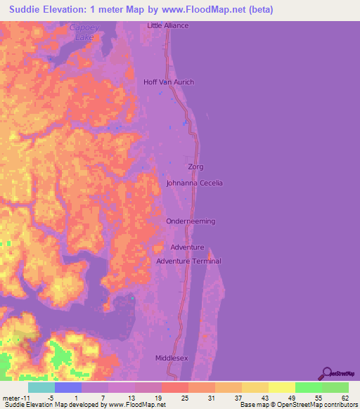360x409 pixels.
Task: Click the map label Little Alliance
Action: point(168,25)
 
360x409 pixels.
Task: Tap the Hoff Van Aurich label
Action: point(169,82)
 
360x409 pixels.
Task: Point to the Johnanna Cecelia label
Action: point(194,183)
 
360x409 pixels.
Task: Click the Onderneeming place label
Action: point(191,221)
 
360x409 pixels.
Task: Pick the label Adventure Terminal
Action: point(188,261)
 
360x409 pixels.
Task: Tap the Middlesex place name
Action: point(172,358)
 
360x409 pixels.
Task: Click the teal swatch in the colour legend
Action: point(41,387)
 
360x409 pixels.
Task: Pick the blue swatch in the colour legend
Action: point(68,387)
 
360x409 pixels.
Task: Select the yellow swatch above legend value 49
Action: point(282,387)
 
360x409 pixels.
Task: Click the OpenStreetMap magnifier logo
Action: point(326,373)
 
